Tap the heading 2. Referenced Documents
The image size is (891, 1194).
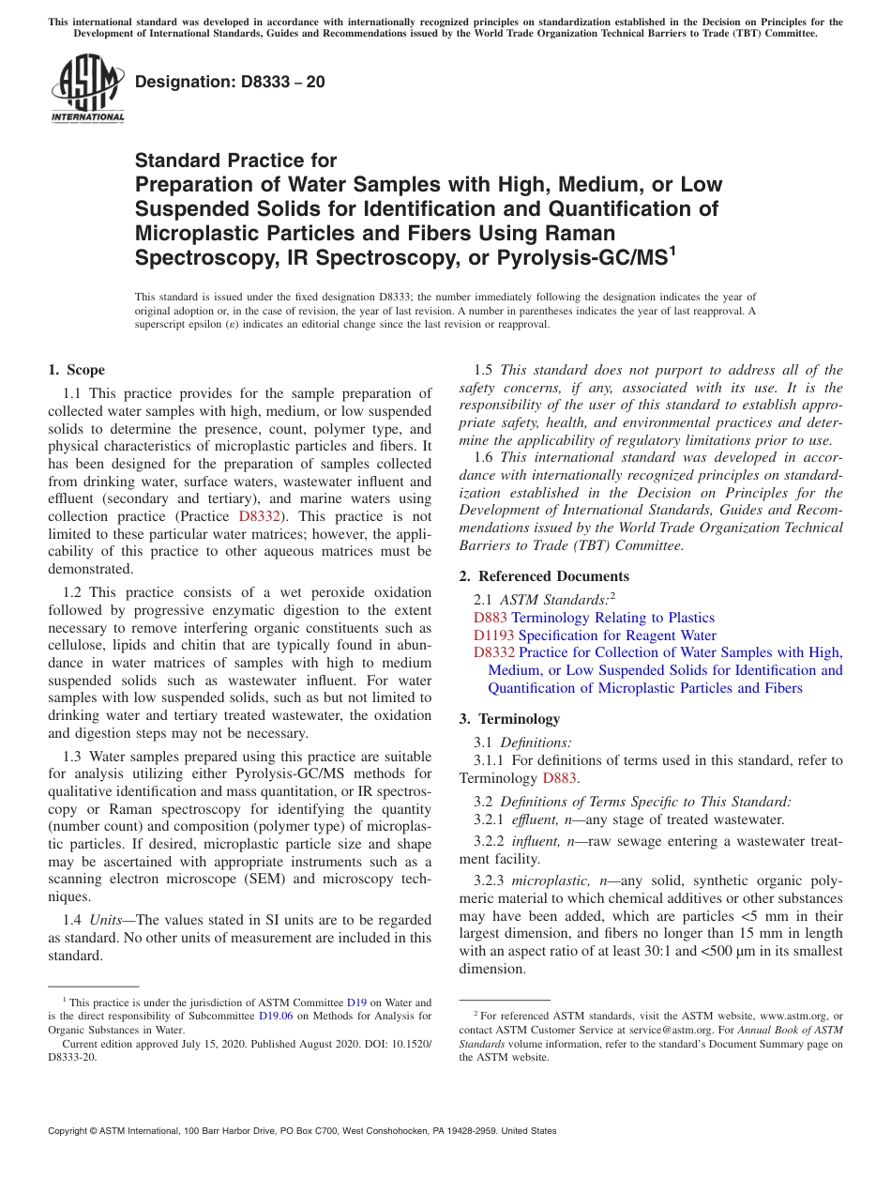pos(544,576)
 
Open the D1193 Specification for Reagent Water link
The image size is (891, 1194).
pos(595,635)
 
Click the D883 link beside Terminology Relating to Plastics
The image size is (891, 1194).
pos(491,618)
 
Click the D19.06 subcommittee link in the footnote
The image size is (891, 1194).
pos(276,1016)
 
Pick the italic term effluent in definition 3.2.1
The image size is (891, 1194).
pos(534,819)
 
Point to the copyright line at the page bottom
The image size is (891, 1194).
pos(302,1131)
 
